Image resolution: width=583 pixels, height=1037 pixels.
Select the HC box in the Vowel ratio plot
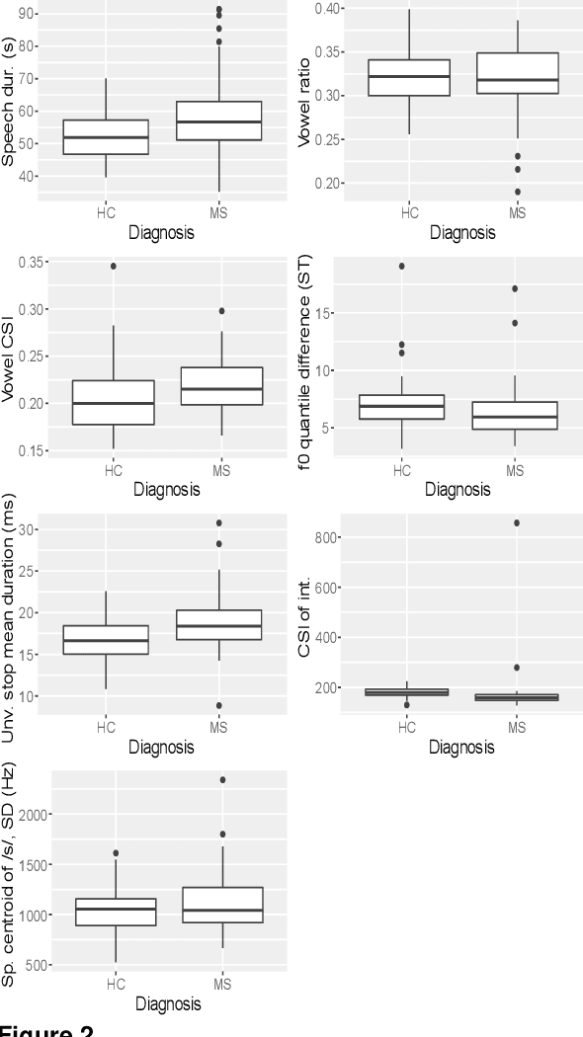[410, 77]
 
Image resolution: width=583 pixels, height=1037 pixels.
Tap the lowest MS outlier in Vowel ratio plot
[517, 192]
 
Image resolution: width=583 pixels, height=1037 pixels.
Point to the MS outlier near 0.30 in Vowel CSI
[221, 310]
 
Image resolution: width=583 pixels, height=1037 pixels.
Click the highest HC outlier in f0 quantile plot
[402, 266]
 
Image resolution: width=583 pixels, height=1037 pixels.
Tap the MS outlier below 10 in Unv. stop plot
[219, 705]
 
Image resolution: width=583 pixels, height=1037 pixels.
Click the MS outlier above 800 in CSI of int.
[516, 522]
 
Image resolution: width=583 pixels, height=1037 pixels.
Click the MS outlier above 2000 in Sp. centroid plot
[221, 780]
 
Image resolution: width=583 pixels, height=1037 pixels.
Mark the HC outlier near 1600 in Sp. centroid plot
[116, 852]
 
